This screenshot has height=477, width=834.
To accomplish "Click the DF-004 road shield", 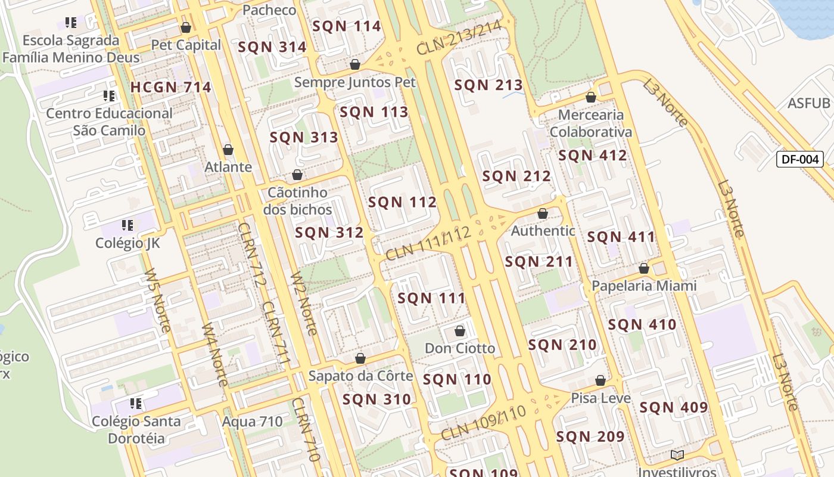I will (799, 159).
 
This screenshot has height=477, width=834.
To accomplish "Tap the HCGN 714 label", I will (171, 87).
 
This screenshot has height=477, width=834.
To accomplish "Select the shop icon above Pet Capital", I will (185, 27).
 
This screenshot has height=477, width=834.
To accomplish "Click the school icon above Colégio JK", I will (127, 225).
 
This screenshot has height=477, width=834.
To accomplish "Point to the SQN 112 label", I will (402, 202).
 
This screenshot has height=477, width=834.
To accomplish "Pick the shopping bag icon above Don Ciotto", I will (459, 331).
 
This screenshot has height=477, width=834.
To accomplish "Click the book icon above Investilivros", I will (677, 456).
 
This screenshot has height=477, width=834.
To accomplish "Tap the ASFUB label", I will (808, 103).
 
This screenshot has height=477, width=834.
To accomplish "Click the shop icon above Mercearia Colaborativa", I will (590, 97).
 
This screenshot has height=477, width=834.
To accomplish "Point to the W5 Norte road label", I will (157, 301).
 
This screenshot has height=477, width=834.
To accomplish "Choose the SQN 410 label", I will (642, 325).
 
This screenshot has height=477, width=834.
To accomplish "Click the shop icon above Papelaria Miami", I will (643, 269).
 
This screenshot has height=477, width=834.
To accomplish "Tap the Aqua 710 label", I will (252, 422).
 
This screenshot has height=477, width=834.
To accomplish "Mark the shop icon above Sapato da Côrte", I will (360, 358).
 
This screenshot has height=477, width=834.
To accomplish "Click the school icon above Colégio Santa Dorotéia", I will (136, 404).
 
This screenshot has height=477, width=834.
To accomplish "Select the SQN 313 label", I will (304, 138).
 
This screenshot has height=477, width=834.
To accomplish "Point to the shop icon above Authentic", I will (542, 213).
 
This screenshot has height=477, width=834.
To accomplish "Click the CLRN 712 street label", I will (250, 255).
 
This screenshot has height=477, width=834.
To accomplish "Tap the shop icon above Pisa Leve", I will (600, 380).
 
